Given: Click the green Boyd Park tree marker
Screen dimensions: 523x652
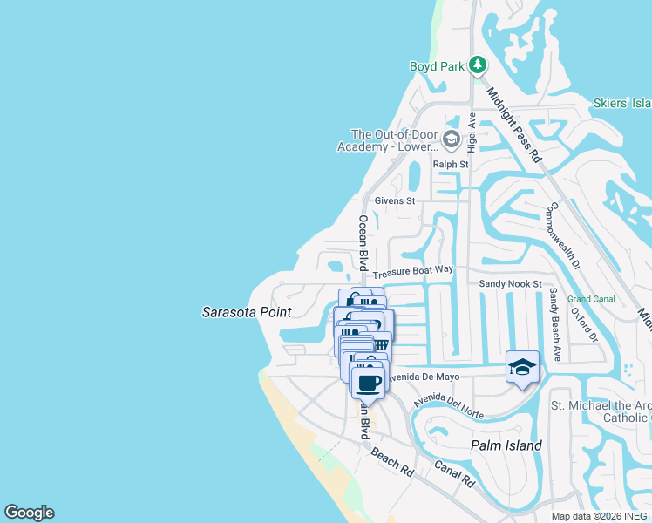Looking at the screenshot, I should (477, 65).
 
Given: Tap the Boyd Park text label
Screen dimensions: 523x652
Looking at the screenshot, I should (437, 66).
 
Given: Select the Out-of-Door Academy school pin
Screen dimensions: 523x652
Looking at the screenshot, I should (452, 139).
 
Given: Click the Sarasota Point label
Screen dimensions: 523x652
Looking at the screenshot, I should (247, 311).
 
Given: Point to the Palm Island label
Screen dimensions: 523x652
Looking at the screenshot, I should (506, 445).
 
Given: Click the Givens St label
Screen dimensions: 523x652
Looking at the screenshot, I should (395, 200).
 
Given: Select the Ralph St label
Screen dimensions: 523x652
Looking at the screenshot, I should (452, 164).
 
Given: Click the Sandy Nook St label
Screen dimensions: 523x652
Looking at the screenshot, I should (510, 284).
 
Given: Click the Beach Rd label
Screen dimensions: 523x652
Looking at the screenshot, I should (392, 461).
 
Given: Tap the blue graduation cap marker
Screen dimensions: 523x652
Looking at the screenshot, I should (522, 367).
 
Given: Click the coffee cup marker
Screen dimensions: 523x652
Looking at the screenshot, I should (368, 382).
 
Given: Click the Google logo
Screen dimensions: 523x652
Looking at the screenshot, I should (29, 513).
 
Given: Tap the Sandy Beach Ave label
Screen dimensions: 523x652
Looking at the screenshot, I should (554, 323).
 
